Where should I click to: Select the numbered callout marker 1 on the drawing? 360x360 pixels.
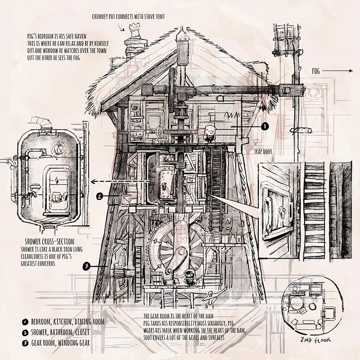click(265, 127)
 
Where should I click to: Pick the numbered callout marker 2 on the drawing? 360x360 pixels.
click(100, 196)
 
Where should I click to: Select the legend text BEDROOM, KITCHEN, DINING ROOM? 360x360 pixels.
click(68, 322)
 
